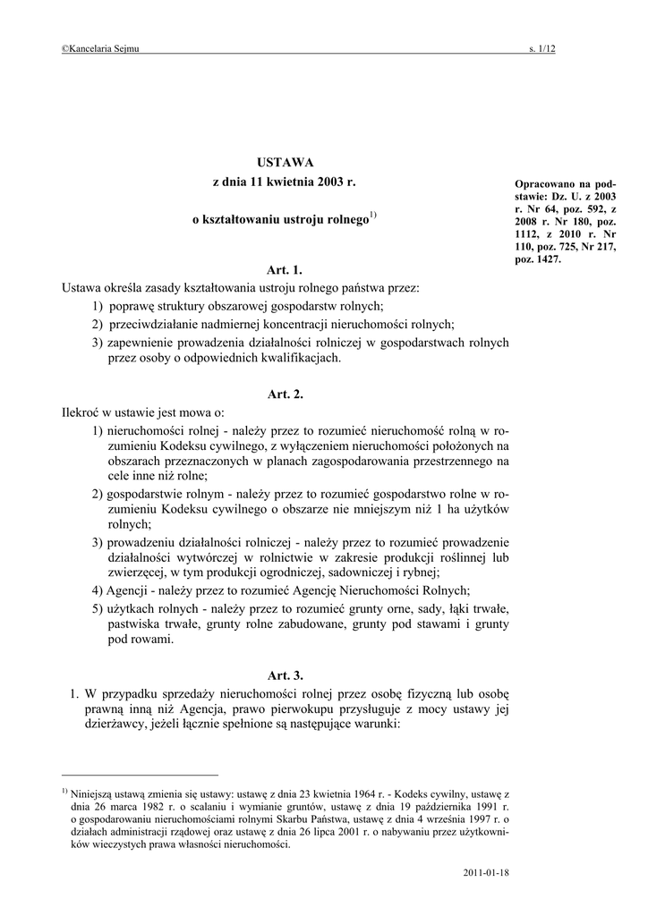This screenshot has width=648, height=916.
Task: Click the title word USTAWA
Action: click(285, 162)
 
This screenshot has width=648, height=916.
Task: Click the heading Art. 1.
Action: click(285, 269)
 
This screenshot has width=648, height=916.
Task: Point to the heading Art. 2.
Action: click(285, 394)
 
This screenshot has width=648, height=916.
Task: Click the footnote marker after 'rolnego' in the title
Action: click(373, 216)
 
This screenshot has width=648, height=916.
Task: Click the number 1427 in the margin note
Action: click(546, 259)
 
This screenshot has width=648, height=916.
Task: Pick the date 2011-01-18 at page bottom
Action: click(487, 870)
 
